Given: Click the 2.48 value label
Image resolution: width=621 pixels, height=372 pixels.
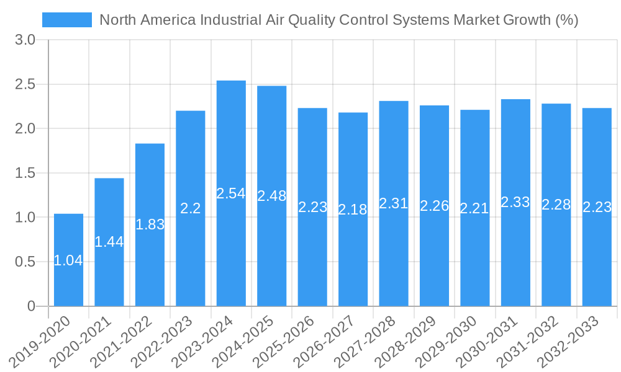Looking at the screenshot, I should pos(272,196).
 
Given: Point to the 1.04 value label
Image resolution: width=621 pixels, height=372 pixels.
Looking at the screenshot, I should pos(68,260).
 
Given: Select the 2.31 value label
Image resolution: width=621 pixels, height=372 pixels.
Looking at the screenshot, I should pos(394,203).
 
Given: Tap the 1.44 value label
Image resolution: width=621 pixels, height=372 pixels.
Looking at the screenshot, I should pos(109,242).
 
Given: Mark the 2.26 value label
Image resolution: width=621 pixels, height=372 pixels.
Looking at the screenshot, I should pos(435,206).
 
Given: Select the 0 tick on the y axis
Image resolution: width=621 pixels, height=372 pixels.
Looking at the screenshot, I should pos(32,306).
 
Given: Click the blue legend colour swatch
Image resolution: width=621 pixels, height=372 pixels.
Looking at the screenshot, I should pos(66,20).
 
